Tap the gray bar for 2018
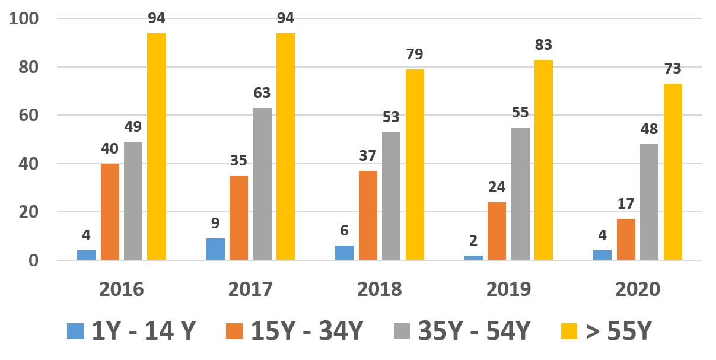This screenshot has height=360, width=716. click(391, 196)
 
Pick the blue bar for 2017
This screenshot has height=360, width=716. click(215, 249)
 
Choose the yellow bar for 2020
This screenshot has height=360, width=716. click(673, 172)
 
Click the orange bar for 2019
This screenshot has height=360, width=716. click(497, 231)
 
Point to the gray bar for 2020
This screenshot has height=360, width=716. click(649, 202)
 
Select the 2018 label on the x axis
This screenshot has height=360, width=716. click(380, 289)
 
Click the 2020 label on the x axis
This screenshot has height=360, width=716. click(638, 289)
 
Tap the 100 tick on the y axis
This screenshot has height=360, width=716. click(24, 19)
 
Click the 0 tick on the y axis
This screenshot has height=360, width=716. click(33, 260)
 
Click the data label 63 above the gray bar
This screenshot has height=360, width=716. click(262, 93)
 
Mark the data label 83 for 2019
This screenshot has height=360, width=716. click(543, 45)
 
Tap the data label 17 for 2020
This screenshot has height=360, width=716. click(626, 204)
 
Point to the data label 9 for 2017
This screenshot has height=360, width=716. click(215, 224)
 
